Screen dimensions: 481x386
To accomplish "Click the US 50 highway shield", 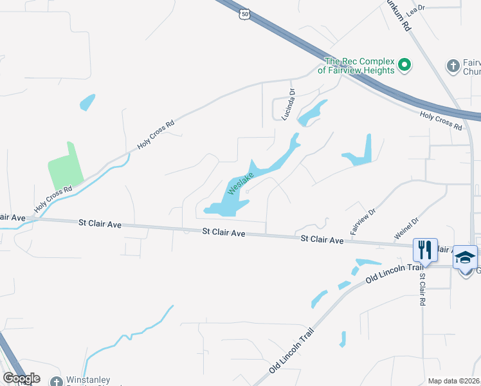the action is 245,14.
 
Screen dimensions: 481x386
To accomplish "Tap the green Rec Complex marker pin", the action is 404,64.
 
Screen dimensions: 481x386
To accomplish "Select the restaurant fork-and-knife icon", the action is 424,250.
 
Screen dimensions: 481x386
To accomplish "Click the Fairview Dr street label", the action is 362,221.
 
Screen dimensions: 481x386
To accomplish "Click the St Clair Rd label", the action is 423,289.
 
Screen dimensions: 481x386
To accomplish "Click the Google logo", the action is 21,378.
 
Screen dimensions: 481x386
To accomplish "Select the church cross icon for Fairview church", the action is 452,65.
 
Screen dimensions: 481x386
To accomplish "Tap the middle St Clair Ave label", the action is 223,232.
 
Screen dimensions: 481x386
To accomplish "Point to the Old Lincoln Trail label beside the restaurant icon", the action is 388,273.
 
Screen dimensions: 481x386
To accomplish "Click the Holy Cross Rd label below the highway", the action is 440,121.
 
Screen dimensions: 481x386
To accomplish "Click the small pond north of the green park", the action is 87,102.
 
